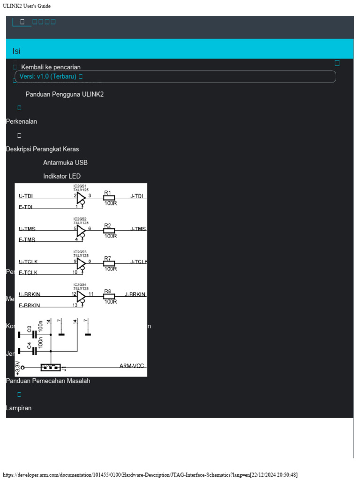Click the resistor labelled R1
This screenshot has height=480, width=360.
tap(109, 198)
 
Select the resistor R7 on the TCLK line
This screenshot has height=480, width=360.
tap(109, 263)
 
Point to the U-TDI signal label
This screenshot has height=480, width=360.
tap(26, 196)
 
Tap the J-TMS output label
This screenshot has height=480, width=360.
tap(138, 229)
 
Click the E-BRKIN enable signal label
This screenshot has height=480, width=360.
tap(29, 306)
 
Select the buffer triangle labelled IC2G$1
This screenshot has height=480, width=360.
tap(81, 198)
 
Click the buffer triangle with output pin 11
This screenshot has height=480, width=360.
tap(81, 296)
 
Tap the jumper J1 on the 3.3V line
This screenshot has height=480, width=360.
tap(51, 367)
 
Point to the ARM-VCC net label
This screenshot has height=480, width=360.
tap(131, 366)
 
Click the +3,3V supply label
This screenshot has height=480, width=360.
tap(18, 367)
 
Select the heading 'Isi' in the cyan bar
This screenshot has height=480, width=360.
tap(16, 51)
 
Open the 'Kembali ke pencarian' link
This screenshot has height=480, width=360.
tap(51, 67)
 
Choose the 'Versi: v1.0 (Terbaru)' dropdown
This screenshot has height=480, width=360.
tap(51, 76)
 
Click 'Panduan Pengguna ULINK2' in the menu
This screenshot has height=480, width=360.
tap(64, 94)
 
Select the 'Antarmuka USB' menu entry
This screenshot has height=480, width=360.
tap(65, 163)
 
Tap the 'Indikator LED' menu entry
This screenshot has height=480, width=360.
tap(62, 176)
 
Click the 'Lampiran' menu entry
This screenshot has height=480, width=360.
tap(19, 408)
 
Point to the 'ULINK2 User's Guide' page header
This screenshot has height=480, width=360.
tap(27, 6)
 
